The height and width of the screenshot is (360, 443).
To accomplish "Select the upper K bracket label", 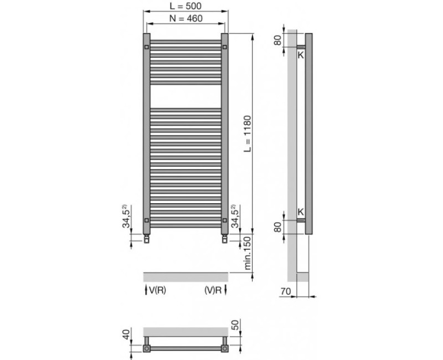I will point(301,55).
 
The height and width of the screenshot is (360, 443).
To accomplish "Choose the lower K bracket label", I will point(301,211).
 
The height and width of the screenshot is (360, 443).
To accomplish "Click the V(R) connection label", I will point(158,290).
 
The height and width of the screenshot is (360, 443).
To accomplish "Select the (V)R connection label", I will point(213,290).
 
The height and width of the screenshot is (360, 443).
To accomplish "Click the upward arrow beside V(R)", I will point(146,290).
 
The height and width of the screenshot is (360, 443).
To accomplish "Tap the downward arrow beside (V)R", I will point(225,290).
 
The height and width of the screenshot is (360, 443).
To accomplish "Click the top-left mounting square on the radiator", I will point(146,48).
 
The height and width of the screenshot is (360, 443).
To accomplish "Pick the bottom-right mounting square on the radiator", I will point(224,220).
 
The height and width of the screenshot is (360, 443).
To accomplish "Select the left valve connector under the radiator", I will point(146,239).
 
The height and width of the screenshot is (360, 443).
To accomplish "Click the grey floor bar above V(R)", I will point(186,276).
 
